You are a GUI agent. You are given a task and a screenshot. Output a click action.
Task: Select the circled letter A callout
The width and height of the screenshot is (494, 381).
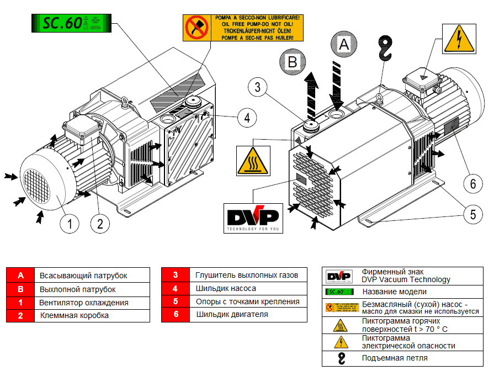click(344, 44)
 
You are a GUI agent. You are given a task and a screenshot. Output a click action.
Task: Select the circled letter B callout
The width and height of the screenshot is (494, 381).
click(293, 61)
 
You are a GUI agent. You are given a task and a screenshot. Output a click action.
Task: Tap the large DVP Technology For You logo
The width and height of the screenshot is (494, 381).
click(252, 217)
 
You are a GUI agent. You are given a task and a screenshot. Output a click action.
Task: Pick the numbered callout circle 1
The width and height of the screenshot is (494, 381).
click(70, 224)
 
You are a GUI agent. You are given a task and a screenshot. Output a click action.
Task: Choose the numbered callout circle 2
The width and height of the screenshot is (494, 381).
click(100, 224)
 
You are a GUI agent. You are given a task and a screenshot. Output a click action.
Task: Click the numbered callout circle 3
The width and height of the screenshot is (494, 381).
click(258, 87)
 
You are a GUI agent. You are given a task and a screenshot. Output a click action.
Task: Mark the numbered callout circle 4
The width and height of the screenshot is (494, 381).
click(247, 117)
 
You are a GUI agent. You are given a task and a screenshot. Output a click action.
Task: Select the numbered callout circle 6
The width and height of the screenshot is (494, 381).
click(472, 183)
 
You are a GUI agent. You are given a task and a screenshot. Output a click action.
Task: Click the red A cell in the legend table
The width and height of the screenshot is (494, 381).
click(20, 275)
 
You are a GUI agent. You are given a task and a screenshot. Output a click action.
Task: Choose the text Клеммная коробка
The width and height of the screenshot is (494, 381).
click(75, 316)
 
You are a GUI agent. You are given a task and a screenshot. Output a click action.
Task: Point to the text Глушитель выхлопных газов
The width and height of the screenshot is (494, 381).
click(247, 275)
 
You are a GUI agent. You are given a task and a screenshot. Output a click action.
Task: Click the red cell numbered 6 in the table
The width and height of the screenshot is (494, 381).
click(175, 315)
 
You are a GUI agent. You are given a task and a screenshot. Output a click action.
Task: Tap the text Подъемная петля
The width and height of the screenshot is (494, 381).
click(395, 358)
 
